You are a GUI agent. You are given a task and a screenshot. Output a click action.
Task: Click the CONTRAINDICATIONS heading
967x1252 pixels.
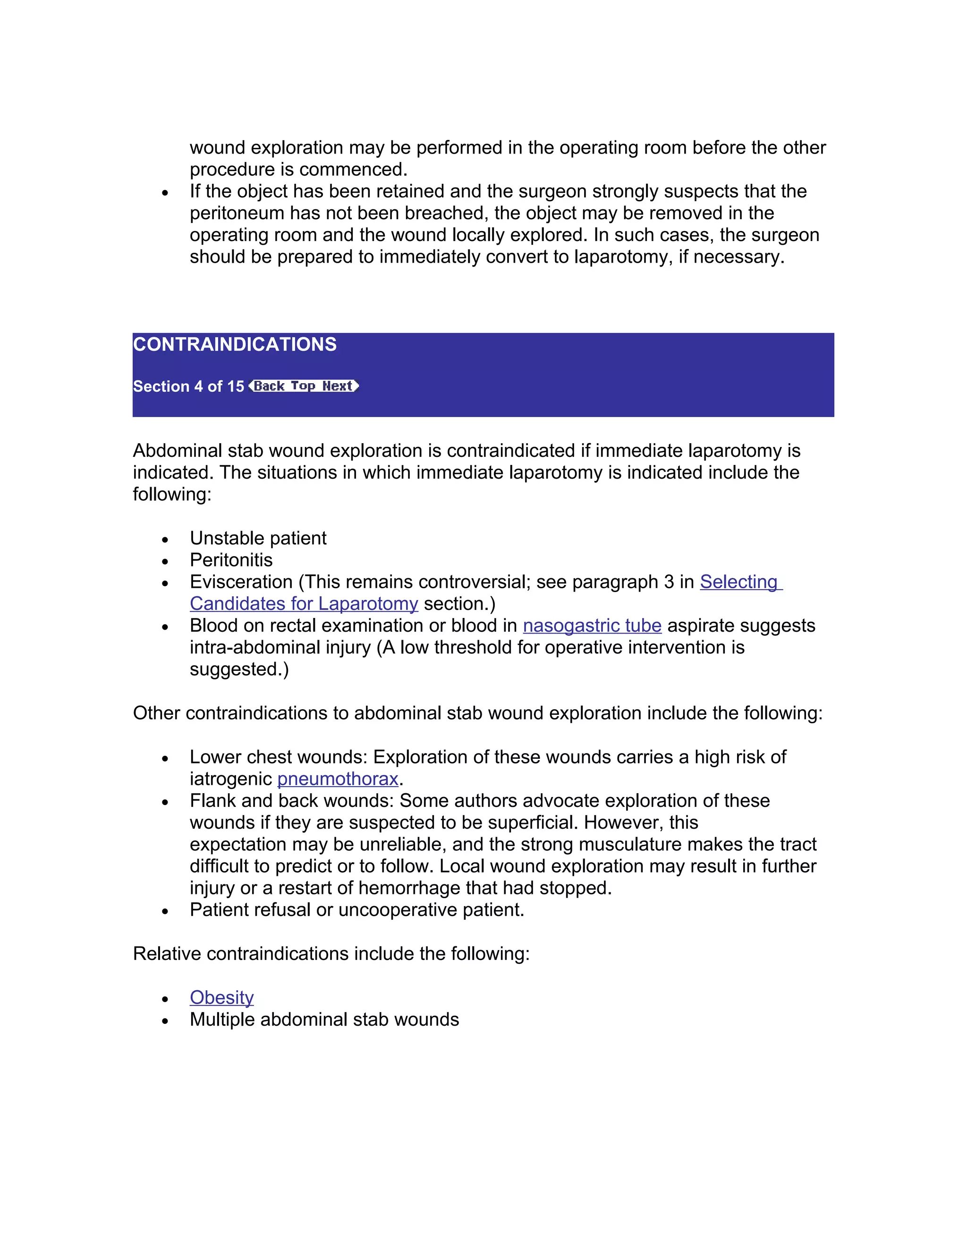coord(235,344)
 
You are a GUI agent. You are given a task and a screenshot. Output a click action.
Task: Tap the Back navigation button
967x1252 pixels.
coord(268,386)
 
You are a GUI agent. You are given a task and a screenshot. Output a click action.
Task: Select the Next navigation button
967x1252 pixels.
coord(338,386)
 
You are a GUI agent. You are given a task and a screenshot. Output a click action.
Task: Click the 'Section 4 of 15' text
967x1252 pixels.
coord(188,386)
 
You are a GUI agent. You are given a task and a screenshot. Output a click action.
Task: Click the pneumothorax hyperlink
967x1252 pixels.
coord(338,779)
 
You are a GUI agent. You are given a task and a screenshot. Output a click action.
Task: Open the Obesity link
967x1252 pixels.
coord(222,997)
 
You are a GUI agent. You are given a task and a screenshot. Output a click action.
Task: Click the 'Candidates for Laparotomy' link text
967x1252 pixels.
coord(304,604)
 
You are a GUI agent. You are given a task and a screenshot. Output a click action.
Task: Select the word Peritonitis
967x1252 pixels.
coord(231,560)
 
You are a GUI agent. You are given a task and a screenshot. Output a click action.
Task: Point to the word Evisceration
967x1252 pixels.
coord(241,582)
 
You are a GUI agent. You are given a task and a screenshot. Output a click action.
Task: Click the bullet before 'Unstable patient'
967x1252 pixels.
coord(165,540)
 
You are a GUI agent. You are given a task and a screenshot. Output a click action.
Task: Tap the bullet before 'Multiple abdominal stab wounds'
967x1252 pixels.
coord(165,1021)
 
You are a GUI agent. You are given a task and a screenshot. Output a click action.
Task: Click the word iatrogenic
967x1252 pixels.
coord(231,779)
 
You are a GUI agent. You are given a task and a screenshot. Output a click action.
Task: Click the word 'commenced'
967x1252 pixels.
coord(352,170)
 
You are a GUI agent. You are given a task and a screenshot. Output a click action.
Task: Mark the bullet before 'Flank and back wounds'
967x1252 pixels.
coord(165,803)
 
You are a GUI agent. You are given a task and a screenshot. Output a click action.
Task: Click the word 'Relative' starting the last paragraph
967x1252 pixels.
coord(167,953)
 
